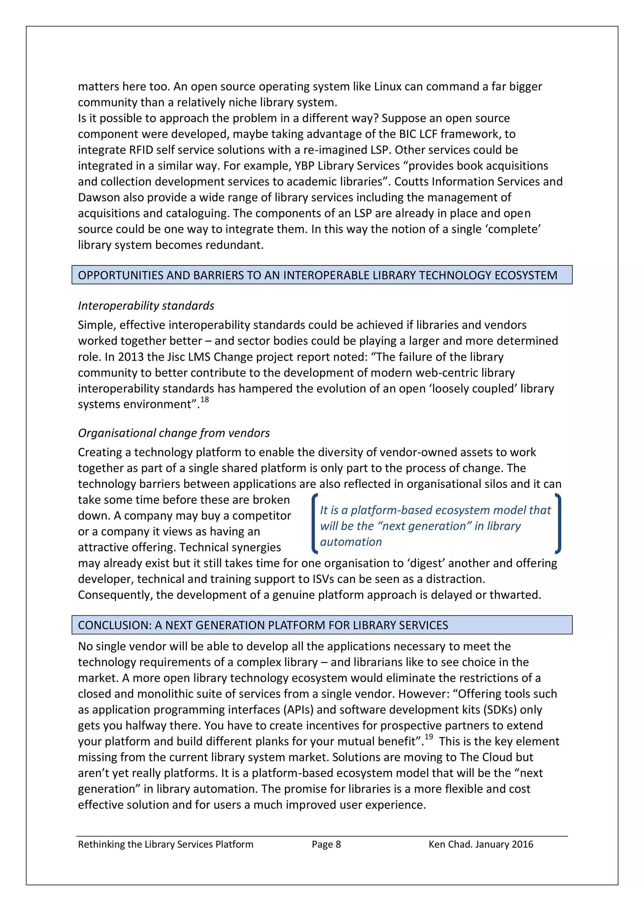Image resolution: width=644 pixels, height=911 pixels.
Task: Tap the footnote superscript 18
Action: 204,400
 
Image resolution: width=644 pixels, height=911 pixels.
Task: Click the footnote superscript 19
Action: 429,737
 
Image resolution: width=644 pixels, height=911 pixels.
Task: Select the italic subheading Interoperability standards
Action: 146,306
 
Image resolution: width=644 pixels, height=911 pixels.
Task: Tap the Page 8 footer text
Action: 326,844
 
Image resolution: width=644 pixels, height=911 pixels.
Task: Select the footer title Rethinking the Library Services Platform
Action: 165,844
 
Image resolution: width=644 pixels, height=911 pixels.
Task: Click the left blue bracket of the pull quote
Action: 315,523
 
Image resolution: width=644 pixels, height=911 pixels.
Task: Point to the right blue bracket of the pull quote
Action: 558,523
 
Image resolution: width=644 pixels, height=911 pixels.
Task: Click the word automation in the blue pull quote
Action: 351,542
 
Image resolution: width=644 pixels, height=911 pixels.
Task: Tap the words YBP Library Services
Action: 347,166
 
